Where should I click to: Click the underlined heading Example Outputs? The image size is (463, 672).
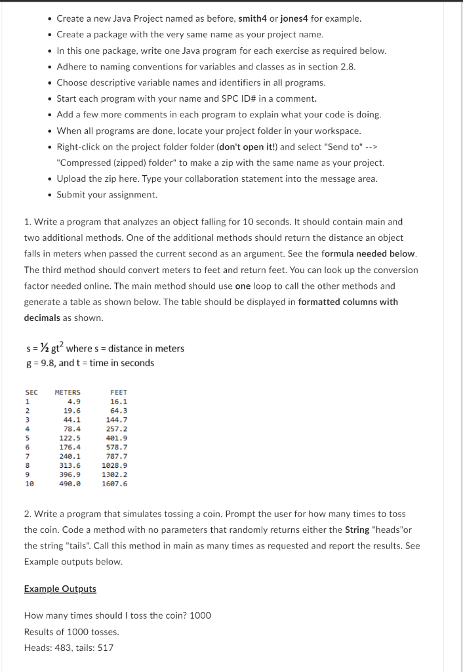[x=60, y=589]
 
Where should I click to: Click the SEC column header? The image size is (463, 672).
[x=31, y=392]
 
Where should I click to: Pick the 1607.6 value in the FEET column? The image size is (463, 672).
[x=115, y=484]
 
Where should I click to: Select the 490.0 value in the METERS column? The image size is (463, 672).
[x=70, y=484]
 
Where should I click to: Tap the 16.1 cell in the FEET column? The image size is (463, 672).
[x=119, y=401]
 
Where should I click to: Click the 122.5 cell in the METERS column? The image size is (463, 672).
[x=70, y=438]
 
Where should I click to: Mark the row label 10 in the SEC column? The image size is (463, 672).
[x=29, y=484]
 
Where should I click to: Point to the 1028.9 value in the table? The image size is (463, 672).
[x=115, y=465]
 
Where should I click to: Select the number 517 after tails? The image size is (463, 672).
[x=105, y=648]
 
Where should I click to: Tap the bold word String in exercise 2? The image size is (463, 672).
[x=357, y=530]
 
